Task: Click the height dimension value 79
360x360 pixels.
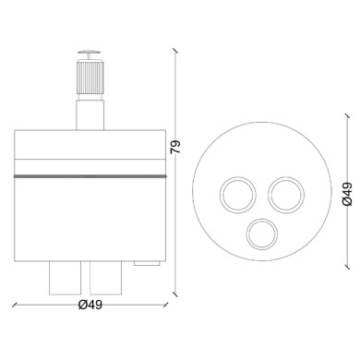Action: (x=175, y=148)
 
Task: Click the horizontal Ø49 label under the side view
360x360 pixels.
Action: (x=90, y=306)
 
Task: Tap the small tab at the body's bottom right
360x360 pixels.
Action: (x=147, y=263)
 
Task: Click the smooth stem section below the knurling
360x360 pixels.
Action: (x=91, y=115)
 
